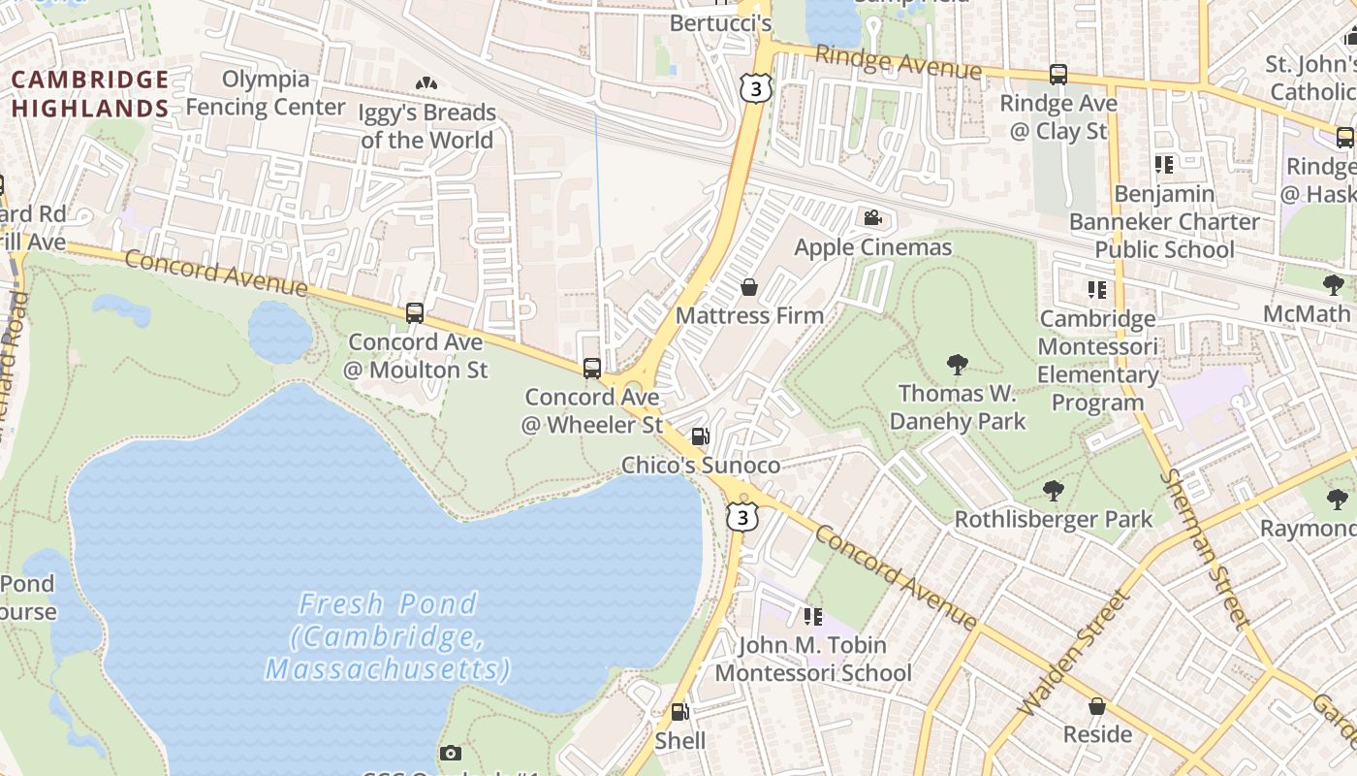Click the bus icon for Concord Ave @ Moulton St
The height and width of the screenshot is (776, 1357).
click(415, 313)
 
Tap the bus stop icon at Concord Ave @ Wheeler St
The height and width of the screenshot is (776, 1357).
click(591, 368)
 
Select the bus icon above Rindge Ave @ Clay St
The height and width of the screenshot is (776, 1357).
click(1058, 74)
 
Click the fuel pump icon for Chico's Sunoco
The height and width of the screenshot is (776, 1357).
click(700, 436)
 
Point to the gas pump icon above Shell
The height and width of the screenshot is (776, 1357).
click(680, 712)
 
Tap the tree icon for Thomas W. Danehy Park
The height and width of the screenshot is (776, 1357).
click(958, 365)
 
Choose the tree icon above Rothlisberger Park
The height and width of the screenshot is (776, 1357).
click(1054, 490)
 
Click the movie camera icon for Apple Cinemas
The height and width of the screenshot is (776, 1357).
click(872, 217)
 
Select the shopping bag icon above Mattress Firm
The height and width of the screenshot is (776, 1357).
click(749, 287)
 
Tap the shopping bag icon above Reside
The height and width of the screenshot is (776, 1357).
click(1097, 705)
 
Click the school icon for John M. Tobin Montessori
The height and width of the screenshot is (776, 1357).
click(813, 616)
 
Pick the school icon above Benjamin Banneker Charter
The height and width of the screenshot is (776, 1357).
click(1163, 165)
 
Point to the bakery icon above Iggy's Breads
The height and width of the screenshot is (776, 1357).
click(426, 83)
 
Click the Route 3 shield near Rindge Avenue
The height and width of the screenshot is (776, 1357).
click(755, 88)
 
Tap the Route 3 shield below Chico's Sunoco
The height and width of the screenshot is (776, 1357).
click(742, 517)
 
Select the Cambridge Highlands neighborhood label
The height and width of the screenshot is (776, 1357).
click(90, 93)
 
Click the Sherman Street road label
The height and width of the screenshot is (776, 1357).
click(1205, 548)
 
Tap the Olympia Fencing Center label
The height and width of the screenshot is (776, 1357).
click(266, 93)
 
